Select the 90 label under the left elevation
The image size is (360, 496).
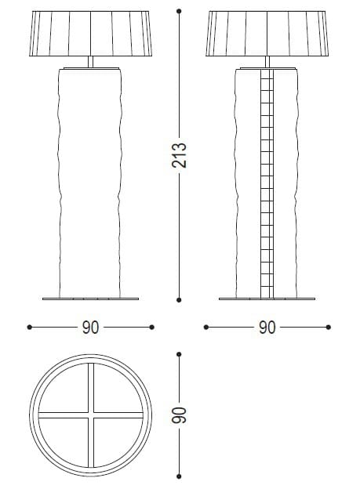tap(91, 328)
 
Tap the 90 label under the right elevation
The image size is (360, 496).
tap(267, 328)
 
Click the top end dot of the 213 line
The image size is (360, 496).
tap(180, 11)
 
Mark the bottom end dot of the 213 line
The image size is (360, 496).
tap(180, 299)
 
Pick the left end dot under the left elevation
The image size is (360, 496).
tap(30, 327)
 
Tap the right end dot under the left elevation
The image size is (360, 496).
tap(152, 327)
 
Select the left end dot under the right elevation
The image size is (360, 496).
tap(205, 327)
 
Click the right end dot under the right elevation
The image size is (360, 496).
tap(328, 327)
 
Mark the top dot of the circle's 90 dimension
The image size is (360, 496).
tap(180, 354)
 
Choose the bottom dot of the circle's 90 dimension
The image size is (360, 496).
tap(180, 475)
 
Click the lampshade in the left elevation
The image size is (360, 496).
tap(91, 34)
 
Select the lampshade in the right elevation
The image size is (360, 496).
tap(267, 34)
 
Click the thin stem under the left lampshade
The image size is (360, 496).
tap(91, 62)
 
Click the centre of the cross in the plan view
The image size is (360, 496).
tap(91, 415)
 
